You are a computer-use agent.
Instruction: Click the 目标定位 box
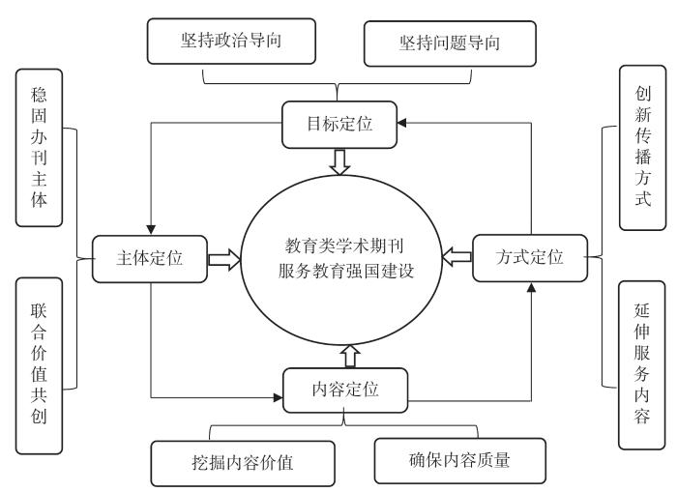pos(338,123)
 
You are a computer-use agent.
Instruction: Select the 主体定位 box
pos(151,258)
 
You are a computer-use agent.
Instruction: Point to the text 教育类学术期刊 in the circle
pos(344,245)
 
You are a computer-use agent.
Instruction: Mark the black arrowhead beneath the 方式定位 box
pos(530,286)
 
